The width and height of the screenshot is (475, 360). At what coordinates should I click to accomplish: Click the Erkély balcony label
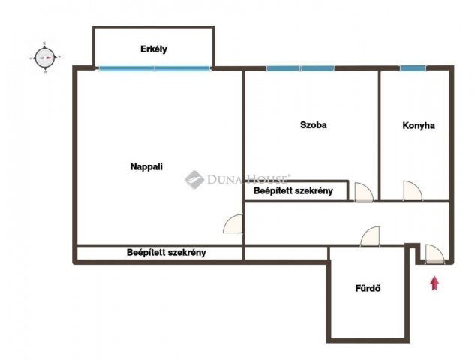[x=154, y=49]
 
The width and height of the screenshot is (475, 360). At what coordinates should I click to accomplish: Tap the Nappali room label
[x=146, y=166]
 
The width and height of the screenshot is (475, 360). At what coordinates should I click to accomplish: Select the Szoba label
[x=313, y=125]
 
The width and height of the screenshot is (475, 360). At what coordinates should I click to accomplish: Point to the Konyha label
[x=419, y=126]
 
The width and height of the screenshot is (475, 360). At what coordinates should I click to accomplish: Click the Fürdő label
[x=368, y=288]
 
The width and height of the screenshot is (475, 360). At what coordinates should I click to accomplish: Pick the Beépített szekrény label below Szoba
[x=293, y=191]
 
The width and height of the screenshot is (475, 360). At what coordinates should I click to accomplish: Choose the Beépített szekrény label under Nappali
[x=167, y=253]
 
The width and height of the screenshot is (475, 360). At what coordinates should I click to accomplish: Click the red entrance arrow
[x=435, y=283]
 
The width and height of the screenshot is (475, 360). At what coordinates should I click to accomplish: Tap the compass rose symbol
[x=45, y=58]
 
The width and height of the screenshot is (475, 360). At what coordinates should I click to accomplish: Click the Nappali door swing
[x=233, y=223]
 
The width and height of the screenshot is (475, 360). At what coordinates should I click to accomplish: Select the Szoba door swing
[x=364, y=192]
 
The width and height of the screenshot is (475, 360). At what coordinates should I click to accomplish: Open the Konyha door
[x=413, y=191]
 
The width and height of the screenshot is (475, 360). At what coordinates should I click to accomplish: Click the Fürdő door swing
[x=370, y=235]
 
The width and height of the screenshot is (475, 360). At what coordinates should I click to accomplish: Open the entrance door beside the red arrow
[x=434, y=253]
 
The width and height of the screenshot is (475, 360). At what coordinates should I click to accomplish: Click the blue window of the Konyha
[x=413, y=68]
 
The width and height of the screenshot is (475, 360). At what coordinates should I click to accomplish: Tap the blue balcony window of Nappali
[x=155, y=68]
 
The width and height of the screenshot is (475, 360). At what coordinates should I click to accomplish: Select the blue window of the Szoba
[x=300, y=68]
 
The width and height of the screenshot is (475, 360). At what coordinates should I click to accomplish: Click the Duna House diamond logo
[x=194, y=180]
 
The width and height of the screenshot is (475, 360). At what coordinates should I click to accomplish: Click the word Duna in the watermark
[x=224, y=179]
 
